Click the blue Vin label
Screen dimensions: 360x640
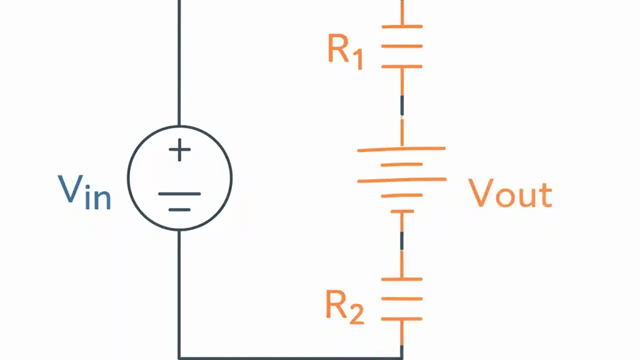[x=84, y=192]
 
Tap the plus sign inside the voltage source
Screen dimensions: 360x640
[x=179, y=150]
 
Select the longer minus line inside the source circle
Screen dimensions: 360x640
[x=179, y=194]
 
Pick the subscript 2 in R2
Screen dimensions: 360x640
[x=356, y=314]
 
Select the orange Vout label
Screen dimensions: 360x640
[x=510, y=193]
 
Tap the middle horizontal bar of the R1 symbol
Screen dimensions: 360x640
[x=402, y=46]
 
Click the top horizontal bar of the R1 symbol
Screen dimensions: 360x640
[x=402, y=26]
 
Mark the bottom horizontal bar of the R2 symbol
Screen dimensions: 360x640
[x=402, y=318]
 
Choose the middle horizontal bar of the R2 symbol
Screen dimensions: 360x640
[x=402, y=298]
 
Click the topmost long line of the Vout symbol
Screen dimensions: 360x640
[x=401, y=149]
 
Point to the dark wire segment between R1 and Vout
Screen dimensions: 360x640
[x=402, y=106]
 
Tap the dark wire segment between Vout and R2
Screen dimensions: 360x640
[x=402, y=240]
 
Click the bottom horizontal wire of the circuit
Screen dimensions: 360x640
[x=290, y=357]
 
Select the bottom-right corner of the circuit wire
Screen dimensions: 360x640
[x=402, y=357]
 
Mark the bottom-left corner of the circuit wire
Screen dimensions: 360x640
[x=179, y=357]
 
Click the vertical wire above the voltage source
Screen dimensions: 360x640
[x=179, y=60]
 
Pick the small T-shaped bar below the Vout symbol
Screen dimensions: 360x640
[x=402, y=212]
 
